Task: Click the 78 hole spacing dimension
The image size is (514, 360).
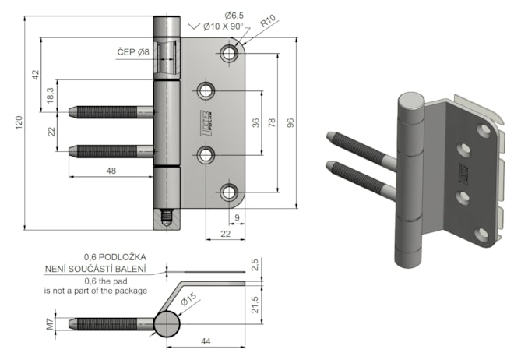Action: pos(273,123)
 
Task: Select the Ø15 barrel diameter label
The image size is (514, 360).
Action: pos(188,298)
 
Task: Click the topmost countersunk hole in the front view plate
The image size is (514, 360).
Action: pos(229,54)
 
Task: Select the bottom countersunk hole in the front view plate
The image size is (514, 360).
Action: pos(229,192)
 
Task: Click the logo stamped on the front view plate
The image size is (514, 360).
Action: pos(206,122)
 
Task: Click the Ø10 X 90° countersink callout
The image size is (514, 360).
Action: pos(222,26)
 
